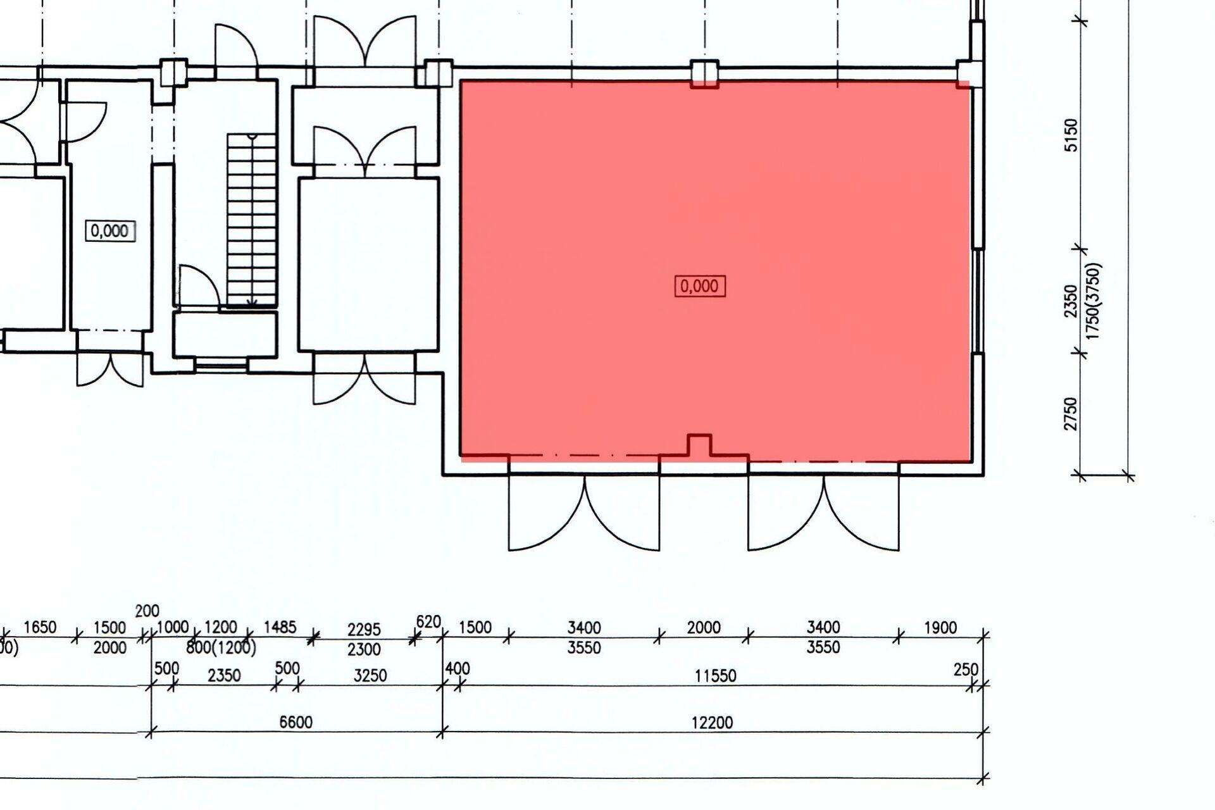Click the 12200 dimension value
click(712, 722)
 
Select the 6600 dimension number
click(296, 722)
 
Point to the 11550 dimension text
click(715, 676)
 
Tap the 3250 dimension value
click(370, 675)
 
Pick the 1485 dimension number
click(280, 627)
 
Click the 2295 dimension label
click(364, 630)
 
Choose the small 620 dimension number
click(428, 622)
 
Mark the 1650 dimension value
click(40, 627)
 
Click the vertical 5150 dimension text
click(1071, 135)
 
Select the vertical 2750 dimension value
click(1071, 414)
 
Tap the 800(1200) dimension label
click(221, 648)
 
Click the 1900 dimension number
click(940, 628)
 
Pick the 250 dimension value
click(966, 669)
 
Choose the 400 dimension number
click(458, 668)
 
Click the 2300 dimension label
click(364, 649)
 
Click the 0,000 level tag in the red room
click(700, 286)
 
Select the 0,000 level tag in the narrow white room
click(109, 230)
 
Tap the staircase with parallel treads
click(252, 220)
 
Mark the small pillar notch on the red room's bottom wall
click(699, 444)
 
